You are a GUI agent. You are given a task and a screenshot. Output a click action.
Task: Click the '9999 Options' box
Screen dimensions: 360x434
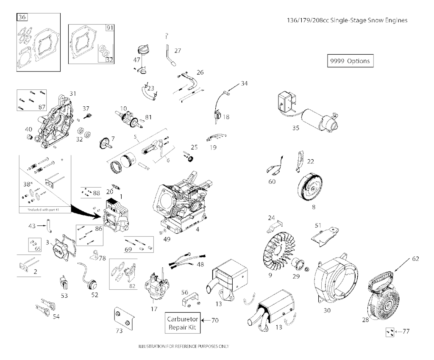pyautogui.click(x=350, y=61)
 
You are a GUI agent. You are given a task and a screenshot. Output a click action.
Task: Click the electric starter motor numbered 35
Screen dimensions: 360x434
pyautogui.click(x=316, y=116)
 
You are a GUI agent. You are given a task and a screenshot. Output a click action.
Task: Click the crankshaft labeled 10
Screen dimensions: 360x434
pyautogui.click(x=129, y=118)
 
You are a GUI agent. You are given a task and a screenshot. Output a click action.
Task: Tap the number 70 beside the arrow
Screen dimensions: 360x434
pyautogui.click(x=215, y=320)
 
